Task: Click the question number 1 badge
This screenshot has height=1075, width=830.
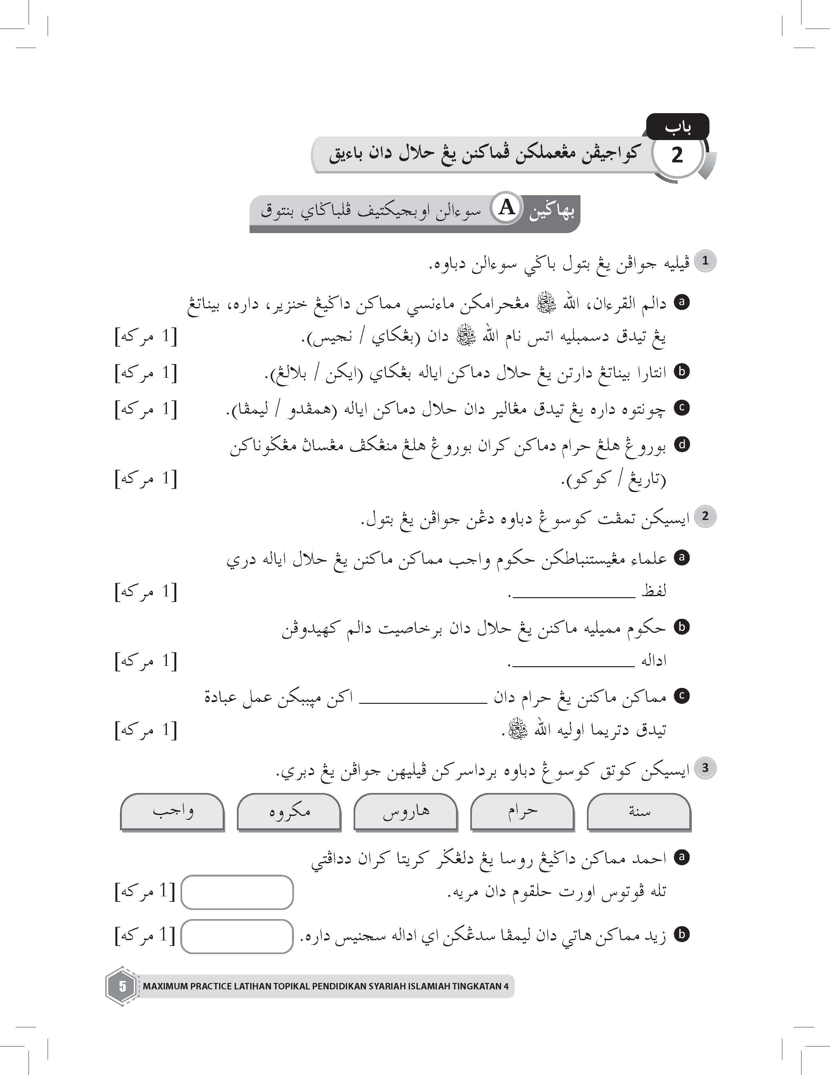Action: [x=705, y=261]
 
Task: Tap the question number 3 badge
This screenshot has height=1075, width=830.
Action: [x=705, y=767]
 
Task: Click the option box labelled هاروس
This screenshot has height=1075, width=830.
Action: [x=406, y=811]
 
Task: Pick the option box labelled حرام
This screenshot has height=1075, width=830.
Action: [x=522, y=811]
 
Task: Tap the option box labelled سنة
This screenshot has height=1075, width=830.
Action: [x=639, y=811]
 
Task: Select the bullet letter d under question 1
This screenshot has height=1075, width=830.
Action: [x=682, y=444]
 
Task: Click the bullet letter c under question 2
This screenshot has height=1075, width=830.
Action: [x=682, y=695]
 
